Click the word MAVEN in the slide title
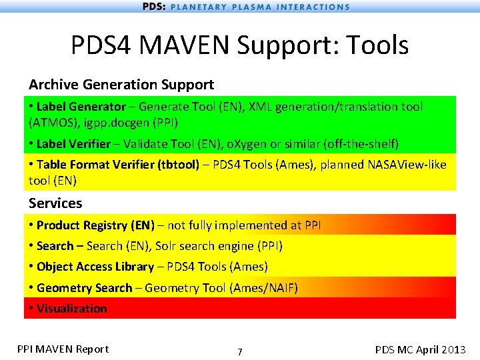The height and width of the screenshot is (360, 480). (201, 45)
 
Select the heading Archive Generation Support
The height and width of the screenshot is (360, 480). (121, 85)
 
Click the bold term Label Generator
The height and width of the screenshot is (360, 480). (81, 107)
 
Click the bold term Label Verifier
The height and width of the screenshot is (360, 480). (73, 144)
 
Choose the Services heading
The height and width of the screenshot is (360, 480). (55, 203)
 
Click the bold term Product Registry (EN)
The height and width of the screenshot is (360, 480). (95, 225)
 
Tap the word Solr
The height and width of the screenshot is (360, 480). (169, 246)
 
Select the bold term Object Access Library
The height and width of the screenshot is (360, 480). (95, 267)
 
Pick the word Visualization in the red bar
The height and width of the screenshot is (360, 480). (71, 309)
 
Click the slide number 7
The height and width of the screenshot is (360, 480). (240, 352)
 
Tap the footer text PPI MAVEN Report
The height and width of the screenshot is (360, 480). (63, 349)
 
